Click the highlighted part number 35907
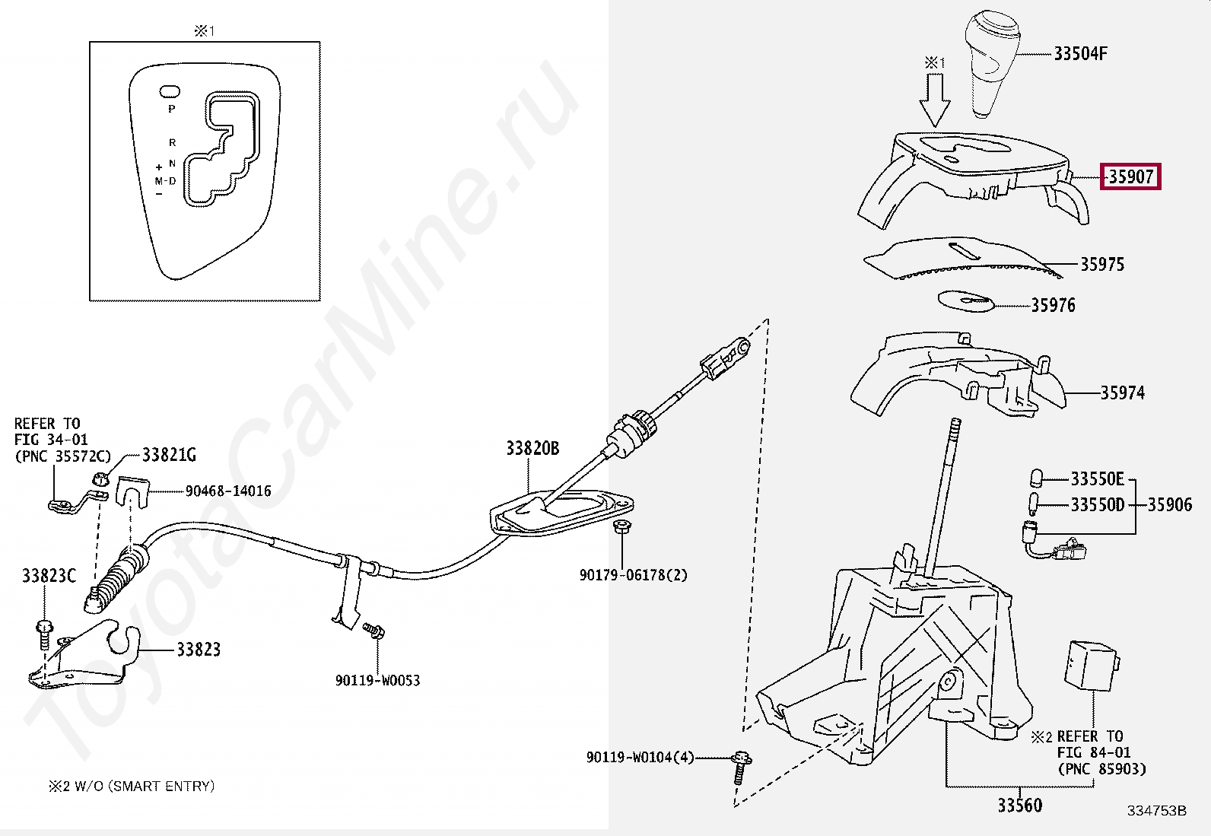tap(1131, 176)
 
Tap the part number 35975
tap(1102, 264)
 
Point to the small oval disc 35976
tap(966, 300)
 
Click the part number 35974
tap(1122, 393)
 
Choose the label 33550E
tap(1097, 478)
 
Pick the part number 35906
tap(1170, 504)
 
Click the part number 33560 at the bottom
tap(1019, 805)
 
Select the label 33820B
tap(532, 449)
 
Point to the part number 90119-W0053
tap(377, 680)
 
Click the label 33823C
tap(49, 576)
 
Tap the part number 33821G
tap(169, 455)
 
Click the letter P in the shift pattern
tap(172, 110)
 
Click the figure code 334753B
tap(1156, 811)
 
